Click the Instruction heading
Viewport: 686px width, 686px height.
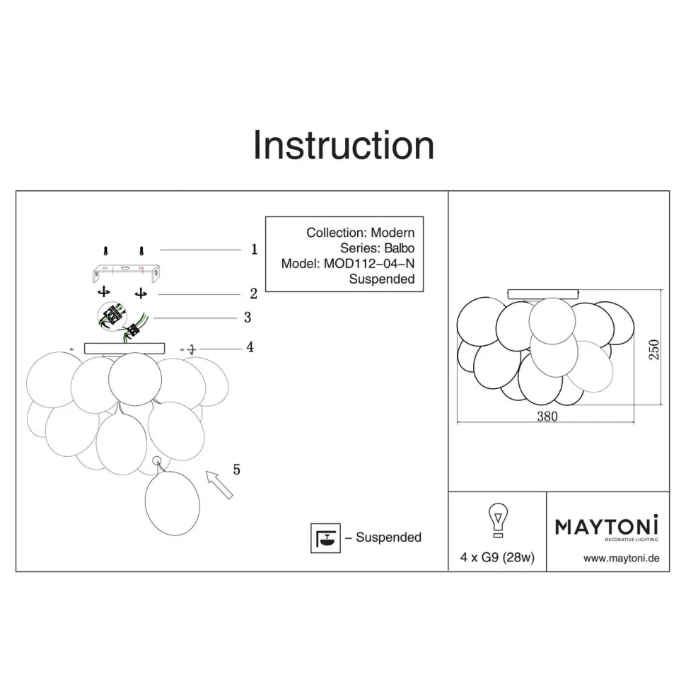[x=344, y=145]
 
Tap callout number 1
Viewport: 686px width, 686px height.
[x=254, y=250]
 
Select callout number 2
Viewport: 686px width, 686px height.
[x=254, y=293]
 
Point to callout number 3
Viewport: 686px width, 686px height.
[x=248, y=318]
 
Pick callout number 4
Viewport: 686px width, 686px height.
[x=250, y=347]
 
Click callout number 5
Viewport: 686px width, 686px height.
[x=237, y=470]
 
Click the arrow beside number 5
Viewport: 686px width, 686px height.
[x=219, y=484]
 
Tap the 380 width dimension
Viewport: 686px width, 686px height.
[x=547, y=416]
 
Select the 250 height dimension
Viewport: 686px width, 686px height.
[x=653, y=349]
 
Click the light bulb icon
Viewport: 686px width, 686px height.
[x=498, y=520]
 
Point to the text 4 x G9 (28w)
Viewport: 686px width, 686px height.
[x=497, y=557]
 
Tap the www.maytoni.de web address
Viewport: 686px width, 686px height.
[x=621, y=558]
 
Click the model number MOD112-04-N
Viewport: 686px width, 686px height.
[x=369, y=263]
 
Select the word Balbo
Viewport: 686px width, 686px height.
[x=400, y=248]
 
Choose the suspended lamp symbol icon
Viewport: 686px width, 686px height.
[x=325, y=537]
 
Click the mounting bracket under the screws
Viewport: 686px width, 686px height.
[x=126, y=272]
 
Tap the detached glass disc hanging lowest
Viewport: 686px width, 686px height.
[x=173, y=503]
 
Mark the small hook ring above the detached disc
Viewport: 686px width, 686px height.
[x=156, y=460]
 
